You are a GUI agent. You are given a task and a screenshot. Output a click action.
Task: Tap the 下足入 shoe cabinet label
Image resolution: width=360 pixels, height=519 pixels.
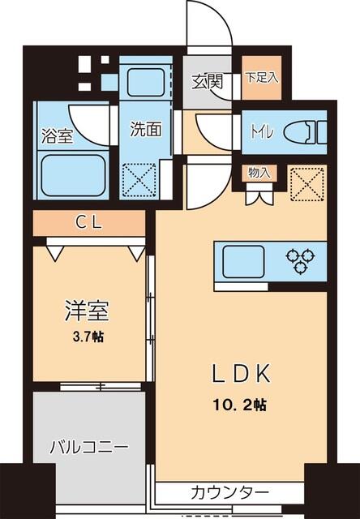(261, 78)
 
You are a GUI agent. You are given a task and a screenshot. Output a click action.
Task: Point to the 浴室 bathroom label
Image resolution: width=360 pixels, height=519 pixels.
(56, 135)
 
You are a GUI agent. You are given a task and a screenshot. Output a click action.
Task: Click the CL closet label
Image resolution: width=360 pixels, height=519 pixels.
(89, 221)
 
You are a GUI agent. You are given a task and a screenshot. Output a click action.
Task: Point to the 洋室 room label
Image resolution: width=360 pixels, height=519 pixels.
(86, 310)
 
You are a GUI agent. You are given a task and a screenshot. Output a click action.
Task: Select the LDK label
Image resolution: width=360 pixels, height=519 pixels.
(240, 375)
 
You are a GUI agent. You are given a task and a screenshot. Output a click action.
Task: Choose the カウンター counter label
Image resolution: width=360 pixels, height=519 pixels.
(229, 491)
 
